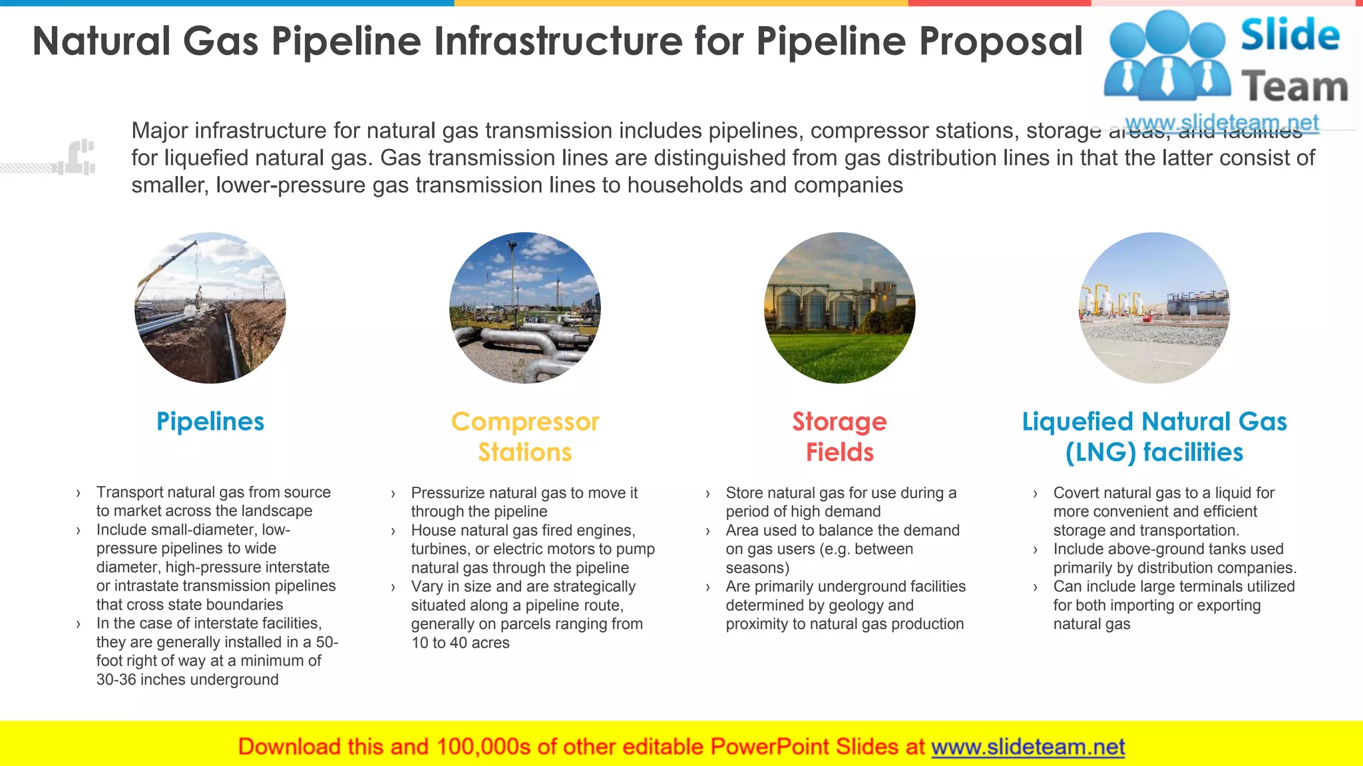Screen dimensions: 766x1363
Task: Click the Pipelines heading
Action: coord(210,422)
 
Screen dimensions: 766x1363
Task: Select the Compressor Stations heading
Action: coord(525,437)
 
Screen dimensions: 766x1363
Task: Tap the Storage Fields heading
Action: coord(839,437)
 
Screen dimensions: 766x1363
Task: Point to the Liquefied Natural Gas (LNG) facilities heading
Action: coord(1154,437)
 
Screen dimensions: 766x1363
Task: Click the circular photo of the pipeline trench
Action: coord(210,308)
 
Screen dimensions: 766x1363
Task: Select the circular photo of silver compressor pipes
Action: coord(525,308)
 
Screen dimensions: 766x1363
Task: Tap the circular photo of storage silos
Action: coord(839,308)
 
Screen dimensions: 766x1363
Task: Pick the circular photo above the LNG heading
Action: coord(1154,308)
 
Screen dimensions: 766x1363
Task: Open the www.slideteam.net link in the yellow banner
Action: coord(1028,747)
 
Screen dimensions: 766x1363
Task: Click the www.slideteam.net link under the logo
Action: coord(1221,123)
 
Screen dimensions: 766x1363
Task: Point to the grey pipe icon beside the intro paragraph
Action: coord(79,158)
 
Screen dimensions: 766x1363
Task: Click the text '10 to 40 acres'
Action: coord(460,643)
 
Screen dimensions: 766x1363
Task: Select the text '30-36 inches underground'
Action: coord(187,680)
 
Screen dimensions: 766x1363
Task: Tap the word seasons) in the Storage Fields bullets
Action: coord(757,568)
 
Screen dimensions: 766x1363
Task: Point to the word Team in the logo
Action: coord(1294,87)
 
